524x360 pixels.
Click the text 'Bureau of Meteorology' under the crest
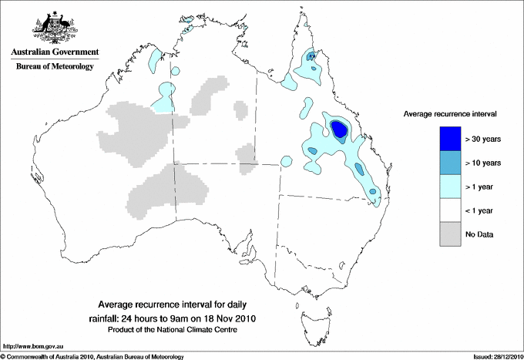point(54,67)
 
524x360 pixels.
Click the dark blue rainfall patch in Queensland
point(338,129)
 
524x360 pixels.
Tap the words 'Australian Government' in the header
point(54,52)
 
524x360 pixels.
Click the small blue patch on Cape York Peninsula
point(311,57)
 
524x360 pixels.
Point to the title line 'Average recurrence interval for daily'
point(182,304)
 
